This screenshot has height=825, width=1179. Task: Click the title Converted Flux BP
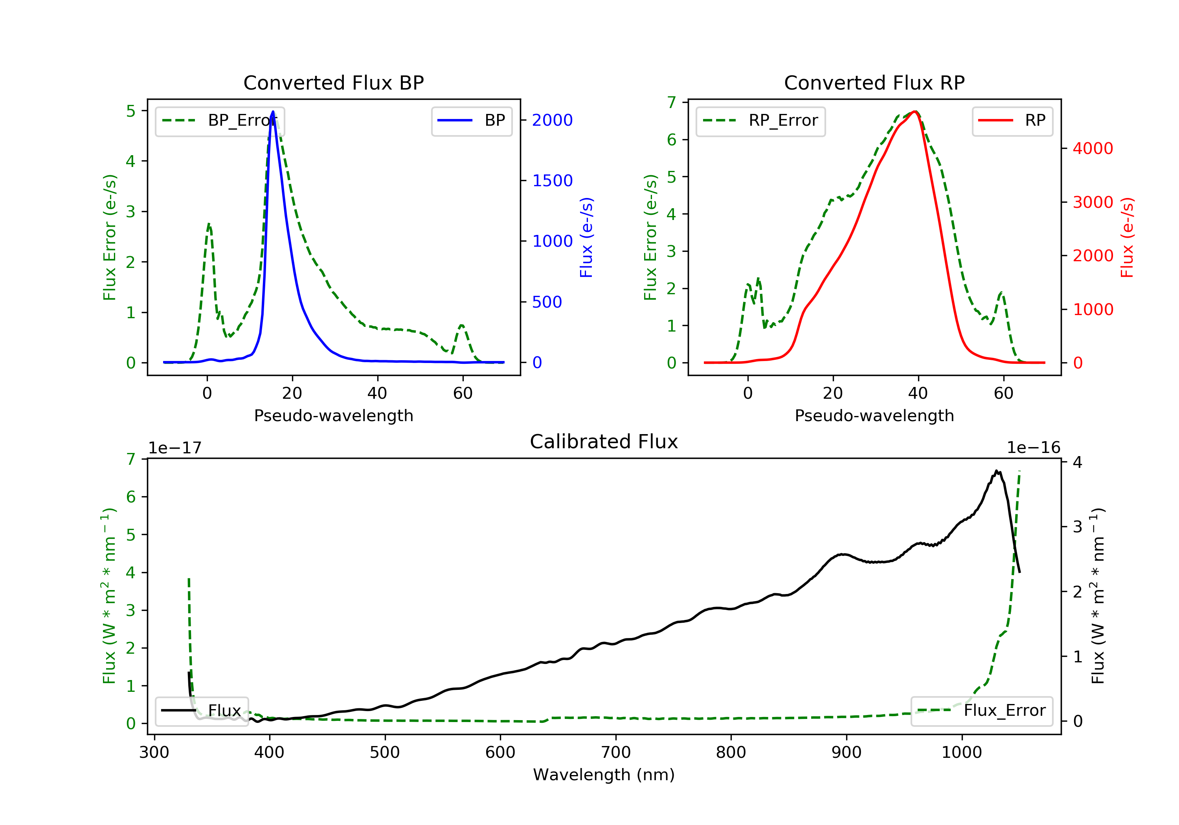tap(333, 82)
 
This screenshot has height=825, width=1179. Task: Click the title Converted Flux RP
tap(874, 82)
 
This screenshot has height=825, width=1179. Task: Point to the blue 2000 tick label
tap(552, 120)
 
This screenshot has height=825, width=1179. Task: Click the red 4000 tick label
tap(1093, 148)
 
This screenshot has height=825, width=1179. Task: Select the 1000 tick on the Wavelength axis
tap(961, 753)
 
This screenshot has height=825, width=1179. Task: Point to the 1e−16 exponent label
tap(1033, 448)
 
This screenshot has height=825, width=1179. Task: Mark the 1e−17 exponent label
tap(175, 448)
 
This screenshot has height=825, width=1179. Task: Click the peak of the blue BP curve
tap(273, 112)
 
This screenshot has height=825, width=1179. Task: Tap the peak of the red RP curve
tap(915, 112)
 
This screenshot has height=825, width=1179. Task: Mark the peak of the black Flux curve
tap(996, 471)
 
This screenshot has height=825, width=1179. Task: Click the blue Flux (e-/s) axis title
tap(586, 237)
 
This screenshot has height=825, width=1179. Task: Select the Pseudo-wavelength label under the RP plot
tap(874, 415)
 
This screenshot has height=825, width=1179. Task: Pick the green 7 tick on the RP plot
tap(672, 102)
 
